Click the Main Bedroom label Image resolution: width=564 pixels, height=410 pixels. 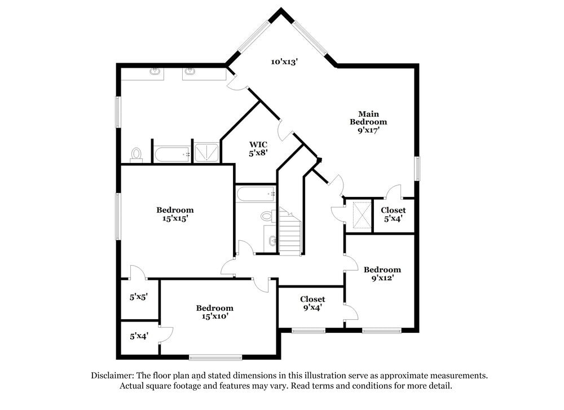[368, 121]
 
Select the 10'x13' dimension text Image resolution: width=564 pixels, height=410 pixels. [284, 61]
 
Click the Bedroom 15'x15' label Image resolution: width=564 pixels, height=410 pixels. [175, 214]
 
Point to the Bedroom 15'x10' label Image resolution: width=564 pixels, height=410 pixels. [214, 312]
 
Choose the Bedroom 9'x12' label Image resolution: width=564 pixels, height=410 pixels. [382, 274]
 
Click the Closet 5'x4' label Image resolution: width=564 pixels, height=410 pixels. [393, 214]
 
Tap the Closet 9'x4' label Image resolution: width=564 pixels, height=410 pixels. [312, 303]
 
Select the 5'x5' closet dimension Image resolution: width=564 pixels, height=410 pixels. [139, 297]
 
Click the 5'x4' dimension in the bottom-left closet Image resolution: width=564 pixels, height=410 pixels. [139, 336]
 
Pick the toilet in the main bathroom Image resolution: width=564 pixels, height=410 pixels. [136, 155]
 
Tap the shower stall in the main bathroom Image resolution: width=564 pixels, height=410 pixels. [206, 152]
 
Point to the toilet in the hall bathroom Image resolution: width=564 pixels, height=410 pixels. [267, 216]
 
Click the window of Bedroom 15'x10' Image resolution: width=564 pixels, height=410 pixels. [215, 356]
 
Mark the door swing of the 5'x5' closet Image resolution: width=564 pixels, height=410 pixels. [137, 272]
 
